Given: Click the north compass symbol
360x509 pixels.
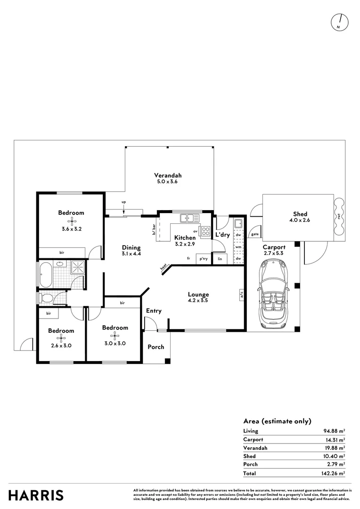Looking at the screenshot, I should (x=339, y=22).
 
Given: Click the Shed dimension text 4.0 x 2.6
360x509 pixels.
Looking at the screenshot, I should (x=300, y=221).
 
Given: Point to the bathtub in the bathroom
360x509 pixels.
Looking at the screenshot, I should (x=46, y=275).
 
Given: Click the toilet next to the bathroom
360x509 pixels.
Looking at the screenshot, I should (x=47, y=298).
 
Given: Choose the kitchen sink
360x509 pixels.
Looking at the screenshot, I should (x=189, y=218).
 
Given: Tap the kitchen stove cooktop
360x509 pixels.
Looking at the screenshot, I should (x=205, y=231).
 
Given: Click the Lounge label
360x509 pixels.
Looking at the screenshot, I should (x=198, y=295).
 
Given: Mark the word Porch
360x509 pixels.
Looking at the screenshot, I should (x=156, y=347).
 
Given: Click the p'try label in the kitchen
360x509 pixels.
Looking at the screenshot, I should (x=204, y=259).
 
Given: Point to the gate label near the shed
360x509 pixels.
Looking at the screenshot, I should (x=255, y=234).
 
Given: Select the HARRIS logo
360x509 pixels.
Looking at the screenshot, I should (x=36, y=495).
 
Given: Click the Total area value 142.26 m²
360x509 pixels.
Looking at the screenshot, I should (x=333, y=473).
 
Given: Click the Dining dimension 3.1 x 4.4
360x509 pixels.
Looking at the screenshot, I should (x=131, y=254).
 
